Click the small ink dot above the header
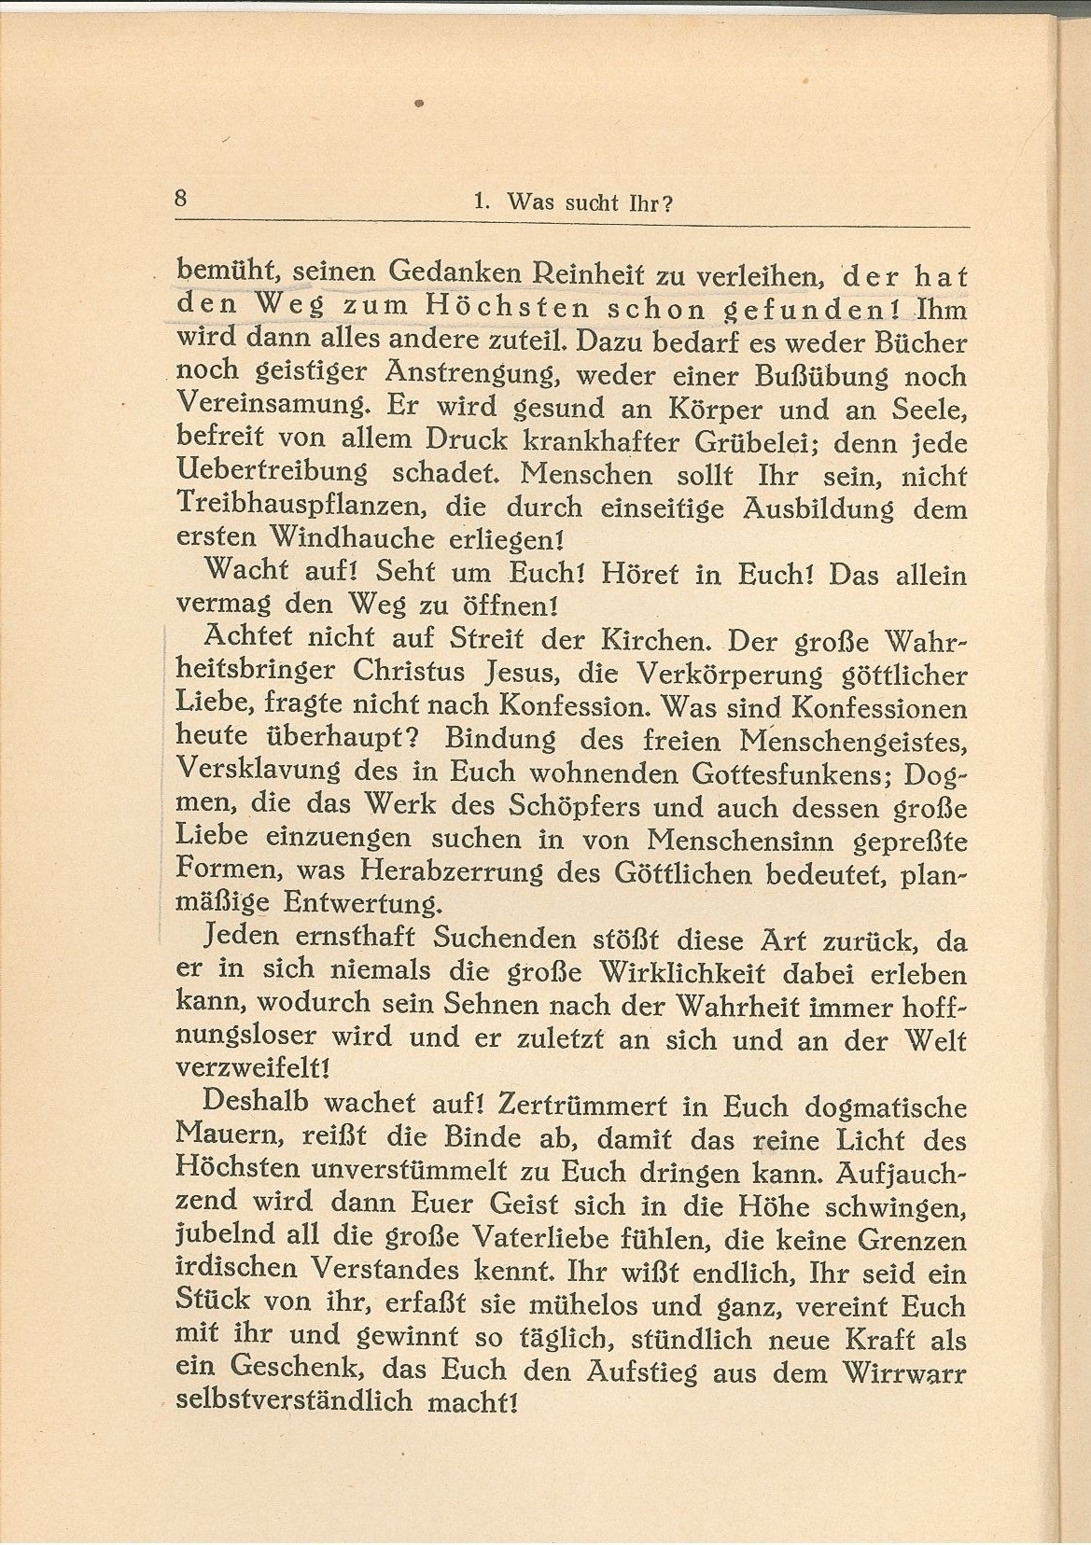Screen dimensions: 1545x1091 pos(419,104)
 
